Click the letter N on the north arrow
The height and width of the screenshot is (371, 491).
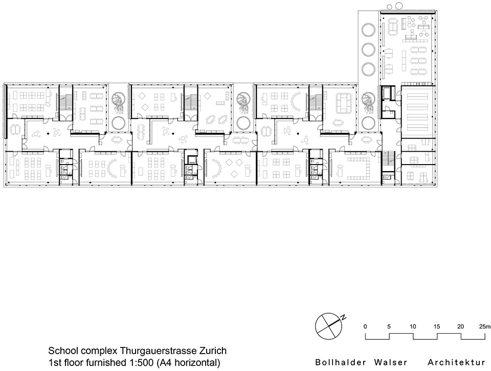tap(344, 318)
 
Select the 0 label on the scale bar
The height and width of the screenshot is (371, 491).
tap(365, 326)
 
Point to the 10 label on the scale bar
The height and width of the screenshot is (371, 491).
tap(413, 326)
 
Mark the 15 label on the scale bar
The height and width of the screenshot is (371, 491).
tap(437, 326)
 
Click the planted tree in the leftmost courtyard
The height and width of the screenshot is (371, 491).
tap(118, 103)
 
